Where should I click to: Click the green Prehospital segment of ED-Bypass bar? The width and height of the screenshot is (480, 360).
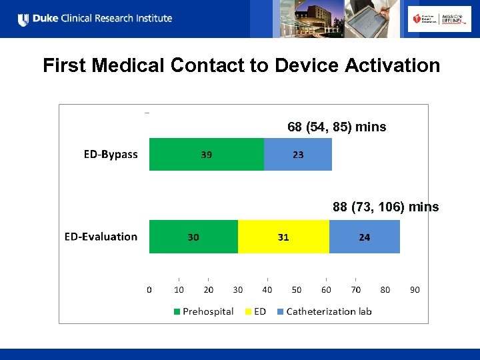click(x=206, y=155)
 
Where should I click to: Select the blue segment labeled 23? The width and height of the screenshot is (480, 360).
click(x=298, y=155)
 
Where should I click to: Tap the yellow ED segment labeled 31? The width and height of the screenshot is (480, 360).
click(x=283, y=237)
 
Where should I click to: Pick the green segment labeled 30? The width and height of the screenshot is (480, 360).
click(x=193, y=237)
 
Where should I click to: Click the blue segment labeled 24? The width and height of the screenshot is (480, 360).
click(x=365, y=237)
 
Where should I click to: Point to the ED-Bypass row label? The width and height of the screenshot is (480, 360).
click(x=111, y=155)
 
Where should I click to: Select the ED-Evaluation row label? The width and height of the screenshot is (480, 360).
click(x=101, y=237)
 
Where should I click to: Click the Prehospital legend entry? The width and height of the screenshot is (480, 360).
click(x=204, y=311)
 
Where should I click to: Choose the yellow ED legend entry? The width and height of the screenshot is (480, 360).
click(x=256, y=311)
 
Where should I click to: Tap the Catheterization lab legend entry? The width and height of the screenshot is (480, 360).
click(x=324, y=311)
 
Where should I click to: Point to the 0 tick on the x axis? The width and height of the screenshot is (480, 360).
click(x=149, y=290)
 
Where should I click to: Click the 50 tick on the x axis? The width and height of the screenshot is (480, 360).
click(x=297, y=290)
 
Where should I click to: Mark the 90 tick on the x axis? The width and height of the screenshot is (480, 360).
click(x=415, y=290)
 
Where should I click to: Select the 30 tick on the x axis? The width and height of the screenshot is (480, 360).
click(x=238, y=290)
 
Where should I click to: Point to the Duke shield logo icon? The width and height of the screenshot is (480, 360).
click(x=23, y=19)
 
